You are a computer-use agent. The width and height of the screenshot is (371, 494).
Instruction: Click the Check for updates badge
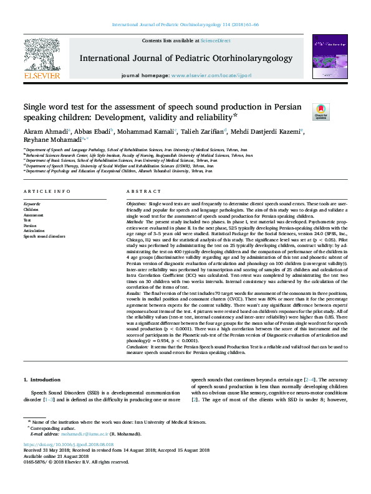(320, 112)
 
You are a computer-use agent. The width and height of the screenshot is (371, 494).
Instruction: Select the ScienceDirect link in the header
(215, 40)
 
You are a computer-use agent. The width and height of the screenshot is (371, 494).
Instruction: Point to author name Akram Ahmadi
(46, 131)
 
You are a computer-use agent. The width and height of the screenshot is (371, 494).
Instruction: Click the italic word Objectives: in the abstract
(137, 204)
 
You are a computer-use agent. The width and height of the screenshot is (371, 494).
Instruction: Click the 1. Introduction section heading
(42, 379)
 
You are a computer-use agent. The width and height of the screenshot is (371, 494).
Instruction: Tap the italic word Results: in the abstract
(135, 292)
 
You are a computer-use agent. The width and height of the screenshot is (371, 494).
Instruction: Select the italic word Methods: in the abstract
(135, 221)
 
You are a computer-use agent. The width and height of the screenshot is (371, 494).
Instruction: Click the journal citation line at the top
(185, 24)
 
